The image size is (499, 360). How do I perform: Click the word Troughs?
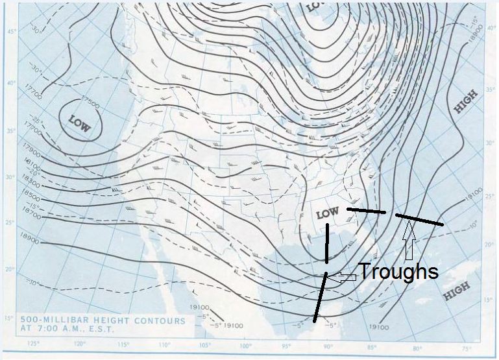[398, 270]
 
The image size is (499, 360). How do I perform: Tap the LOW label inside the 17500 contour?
[78, 123]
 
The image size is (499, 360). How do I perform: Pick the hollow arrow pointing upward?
[409, 240]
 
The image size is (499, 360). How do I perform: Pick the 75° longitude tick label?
[467, 349]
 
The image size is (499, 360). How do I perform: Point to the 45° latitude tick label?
[10, 32]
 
